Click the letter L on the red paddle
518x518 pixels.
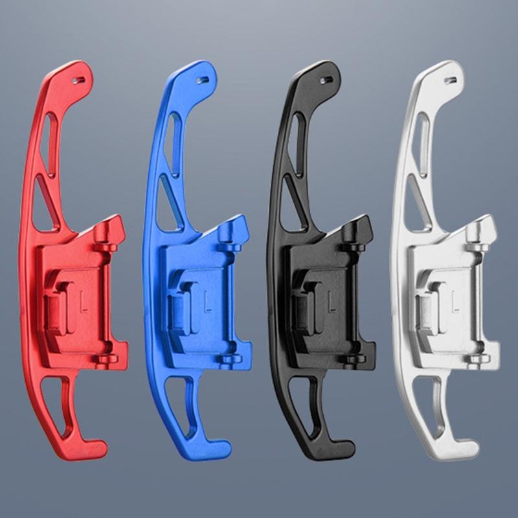point(84,300)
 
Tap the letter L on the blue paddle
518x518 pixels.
point(207,300)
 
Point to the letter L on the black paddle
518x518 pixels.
point(332,300)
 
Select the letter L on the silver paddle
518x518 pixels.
point(455,300)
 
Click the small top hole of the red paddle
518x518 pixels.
point(78,80)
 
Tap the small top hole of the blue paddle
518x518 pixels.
point(203,80)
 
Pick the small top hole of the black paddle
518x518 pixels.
point(326,80)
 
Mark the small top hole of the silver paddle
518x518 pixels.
point(451,80)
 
